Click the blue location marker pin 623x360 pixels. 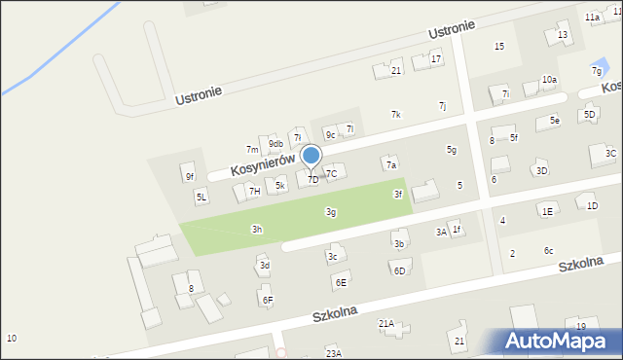(311, 156)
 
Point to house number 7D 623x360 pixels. (312, 179)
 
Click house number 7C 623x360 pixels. (331, 174)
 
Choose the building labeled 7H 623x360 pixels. (254, 191)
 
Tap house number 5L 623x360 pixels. (202, 197)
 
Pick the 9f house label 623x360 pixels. (190, 176)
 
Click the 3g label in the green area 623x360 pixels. (331, 212)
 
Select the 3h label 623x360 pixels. (257, 230)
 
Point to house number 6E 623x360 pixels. (341, 282)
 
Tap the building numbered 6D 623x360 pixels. (399, 270)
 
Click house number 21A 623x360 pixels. (386, 323)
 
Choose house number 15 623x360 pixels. (499, 47)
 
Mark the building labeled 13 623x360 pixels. (563, 35)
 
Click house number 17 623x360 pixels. (436, 58)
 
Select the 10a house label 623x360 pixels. (550, 80)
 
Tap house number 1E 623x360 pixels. (548, 211)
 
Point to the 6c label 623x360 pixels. (549, 251)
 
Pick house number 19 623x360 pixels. (581, 326)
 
